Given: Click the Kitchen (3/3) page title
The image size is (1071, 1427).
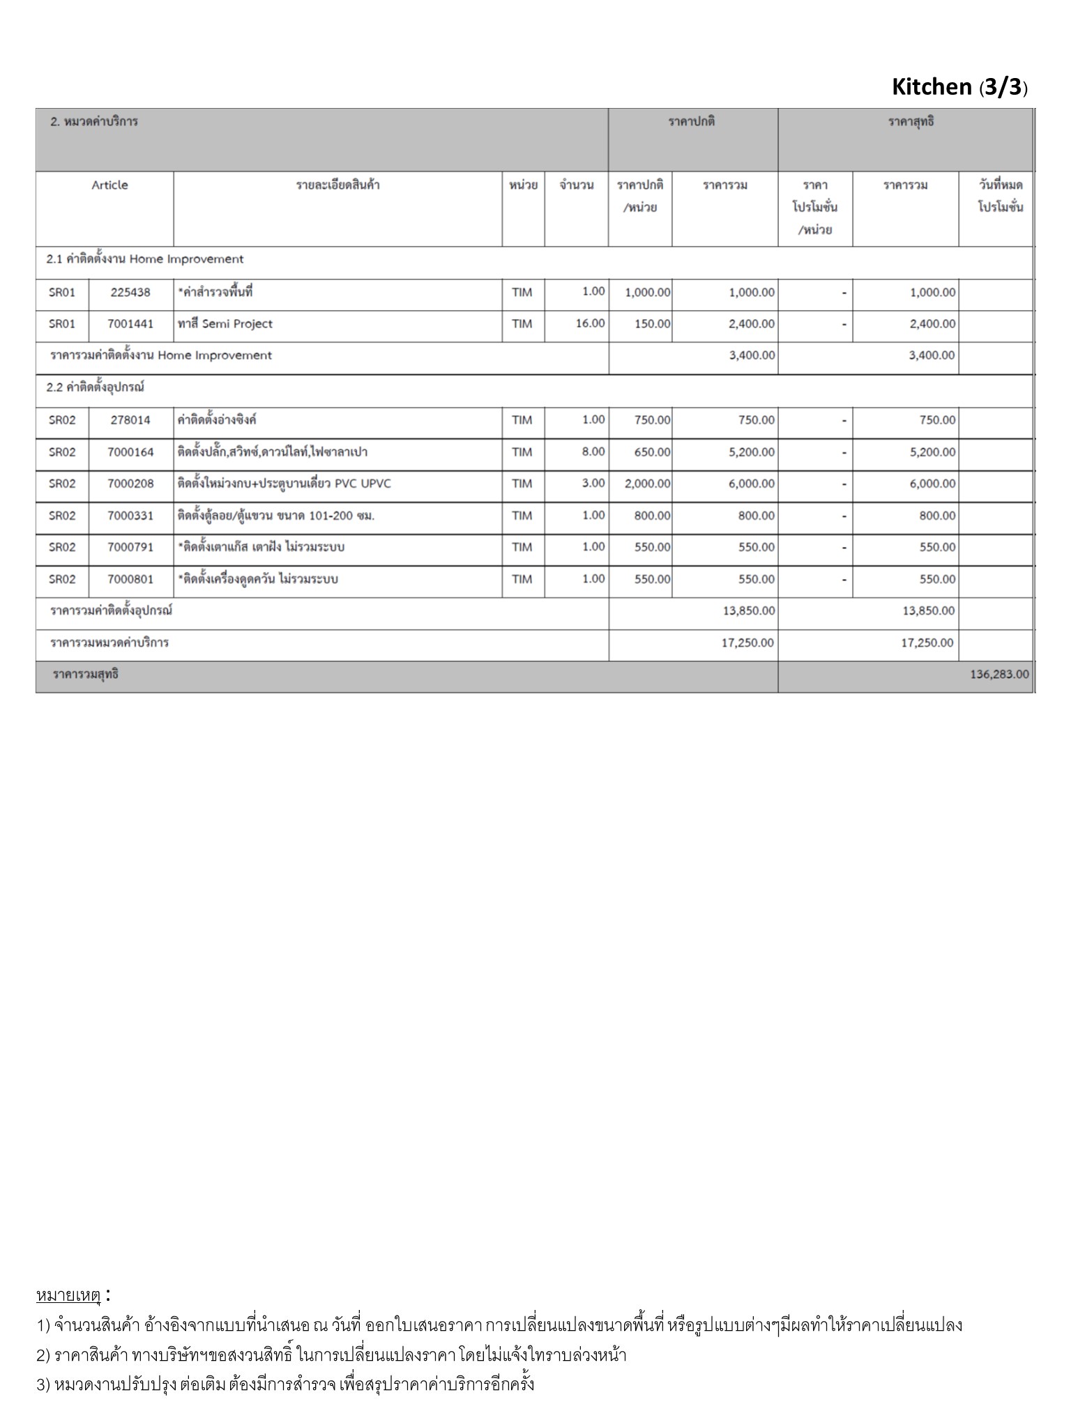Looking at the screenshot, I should [959, 87].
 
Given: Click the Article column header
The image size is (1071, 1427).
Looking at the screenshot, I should [109, 185].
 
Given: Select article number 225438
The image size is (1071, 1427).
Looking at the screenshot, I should [130, 293].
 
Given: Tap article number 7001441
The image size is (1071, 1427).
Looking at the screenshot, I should [130, 324].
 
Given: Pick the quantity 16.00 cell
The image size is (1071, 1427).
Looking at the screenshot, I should [590, 323].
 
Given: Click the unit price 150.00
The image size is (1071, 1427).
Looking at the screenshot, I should [652, 324].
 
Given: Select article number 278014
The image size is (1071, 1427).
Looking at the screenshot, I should [130, 420].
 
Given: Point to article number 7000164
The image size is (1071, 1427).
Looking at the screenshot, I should [130, 452].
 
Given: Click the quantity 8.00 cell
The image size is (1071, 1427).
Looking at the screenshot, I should [593, 452].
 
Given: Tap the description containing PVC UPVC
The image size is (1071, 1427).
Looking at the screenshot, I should [284, 484].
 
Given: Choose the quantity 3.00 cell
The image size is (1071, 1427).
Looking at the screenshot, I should [593, 483].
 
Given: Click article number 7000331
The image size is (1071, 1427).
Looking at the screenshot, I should [130, 516].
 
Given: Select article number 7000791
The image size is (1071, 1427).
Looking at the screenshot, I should [130, 547].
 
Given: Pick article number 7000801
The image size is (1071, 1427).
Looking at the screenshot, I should [130, 579].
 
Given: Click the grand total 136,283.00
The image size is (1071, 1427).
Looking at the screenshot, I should [998, 674].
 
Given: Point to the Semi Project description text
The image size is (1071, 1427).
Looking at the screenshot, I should [225, 324].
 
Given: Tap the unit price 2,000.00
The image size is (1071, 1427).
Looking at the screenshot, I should [647, 484].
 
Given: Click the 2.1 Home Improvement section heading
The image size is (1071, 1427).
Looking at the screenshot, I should [145, 259].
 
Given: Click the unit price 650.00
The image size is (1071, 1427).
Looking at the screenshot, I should [652, 452].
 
